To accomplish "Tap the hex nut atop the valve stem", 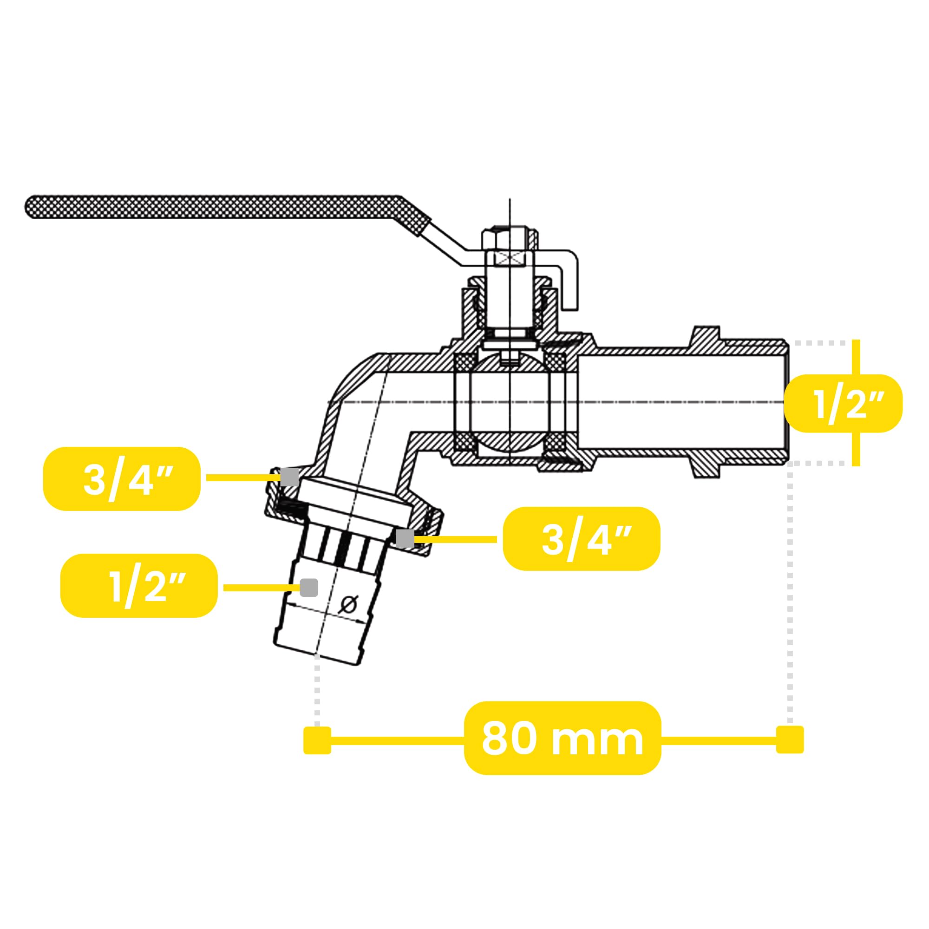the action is (x=510, y=238).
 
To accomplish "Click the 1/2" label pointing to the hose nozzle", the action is (x=148, y=586).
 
